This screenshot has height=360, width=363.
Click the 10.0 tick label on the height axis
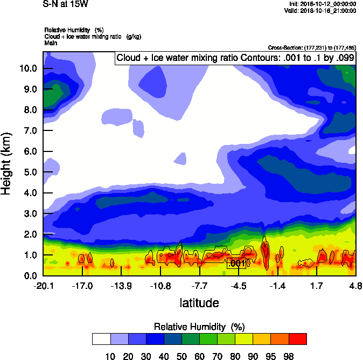tap(27, 68)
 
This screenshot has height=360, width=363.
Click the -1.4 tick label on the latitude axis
tap(277, 286)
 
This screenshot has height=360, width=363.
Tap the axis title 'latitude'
tap(199, 303)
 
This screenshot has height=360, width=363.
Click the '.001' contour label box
tap(237, 264)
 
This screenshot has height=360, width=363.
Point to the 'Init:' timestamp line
tap(321, 4)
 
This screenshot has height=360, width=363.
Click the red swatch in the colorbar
tap(298, 338)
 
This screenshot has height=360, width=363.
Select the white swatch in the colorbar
tap(101, 338)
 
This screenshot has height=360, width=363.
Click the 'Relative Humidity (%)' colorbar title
tap(199, 327)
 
